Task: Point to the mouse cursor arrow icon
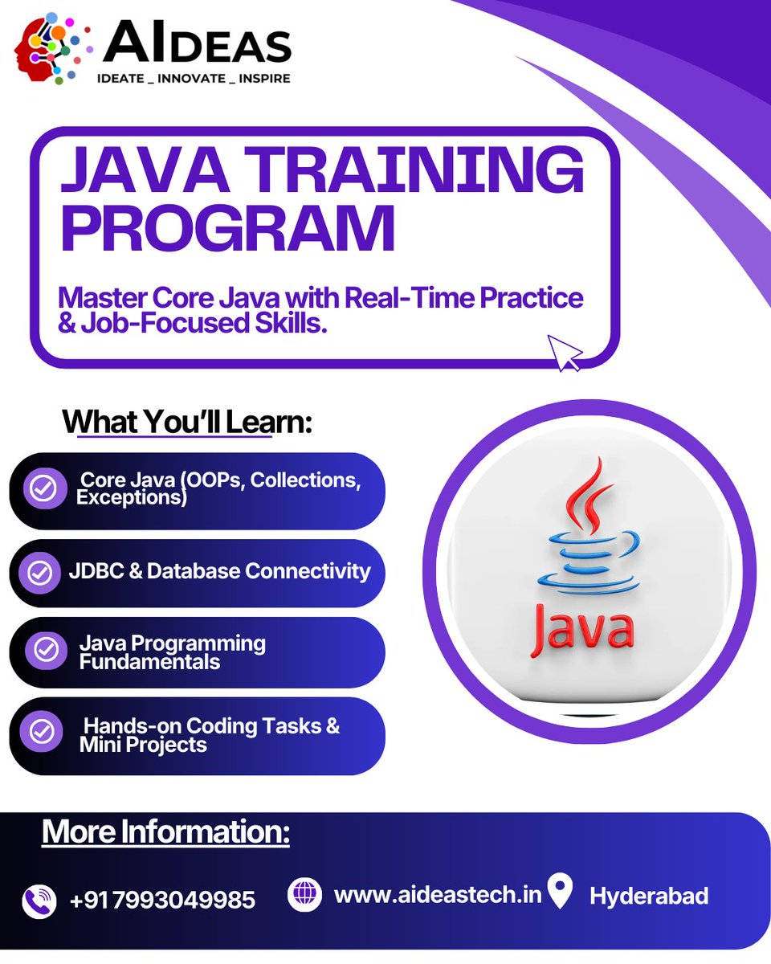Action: pyautogui.click(x=565, y=353)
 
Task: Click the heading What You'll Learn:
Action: pyautogui.click(x=186, y=422)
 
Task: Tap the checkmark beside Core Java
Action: pyautogui.click(x=43, y=488)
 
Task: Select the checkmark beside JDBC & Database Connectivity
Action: pyautogui.click(x=40, y=573)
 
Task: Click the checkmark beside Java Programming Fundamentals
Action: pyautogui.click(x=46, y=650)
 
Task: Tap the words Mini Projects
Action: pyautogui.click(x=143, y=745)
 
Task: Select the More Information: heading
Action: pyautogui.click(x=165, y=832)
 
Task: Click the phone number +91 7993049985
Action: pyautogui.click(x=162, y=900)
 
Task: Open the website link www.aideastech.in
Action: pyautogui.click(x=438, y=894)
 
